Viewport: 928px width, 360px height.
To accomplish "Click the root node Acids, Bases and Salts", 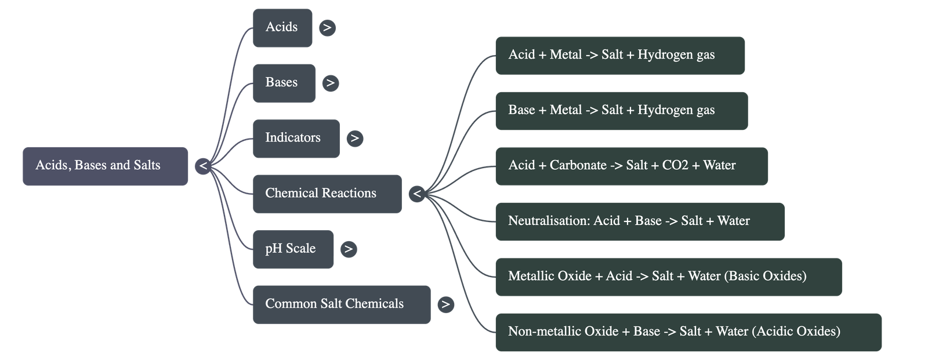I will point(105,166).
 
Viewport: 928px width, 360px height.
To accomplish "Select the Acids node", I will point(282,27).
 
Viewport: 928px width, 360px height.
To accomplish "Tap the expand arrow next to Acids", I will point(327,27).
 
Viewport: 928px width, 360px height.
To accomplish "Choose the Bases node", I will point(284,83).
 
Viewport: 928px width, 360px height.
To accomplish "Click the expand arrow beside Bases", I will point(330,83).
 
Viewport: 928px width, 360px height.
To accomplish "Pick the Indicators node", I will point(296,138).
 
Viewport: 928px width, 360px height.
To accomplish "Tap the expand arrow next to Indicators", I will point(354,138).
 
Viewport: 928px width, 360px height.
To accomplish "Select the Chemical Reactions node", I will point(327,194).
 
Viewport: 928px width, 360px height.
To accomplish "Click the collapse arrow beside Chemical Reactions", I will point(416,194).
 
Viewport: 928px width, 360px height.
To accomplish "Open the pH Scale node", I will point(293,249).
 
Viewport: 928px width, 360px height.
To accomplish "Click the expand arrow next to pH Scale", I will point(348,249).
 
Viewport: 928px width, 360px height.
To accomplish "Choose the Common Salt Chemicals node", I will point(341,304).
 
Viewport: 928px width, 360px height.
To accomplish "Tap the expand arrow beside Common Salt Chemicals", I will point(445,304).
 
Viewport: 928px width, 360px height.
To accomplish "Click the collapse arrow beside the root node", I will point(203,166).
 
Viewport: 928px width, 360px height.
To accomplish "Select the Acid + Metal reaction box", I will point(619,55).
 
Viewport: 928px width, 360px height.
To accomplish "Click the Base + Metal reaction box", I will point(621,111).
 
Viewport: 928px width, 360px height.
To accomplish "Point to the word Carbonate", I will point(578,166).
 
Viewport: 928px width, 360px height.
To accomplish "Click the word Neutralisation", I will point(548,221).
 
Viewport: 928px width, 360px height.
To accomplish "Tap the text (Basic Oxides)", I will point(766,276).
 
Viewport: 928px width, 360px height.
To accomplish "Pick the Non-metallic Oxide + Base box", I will point(688,332).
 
